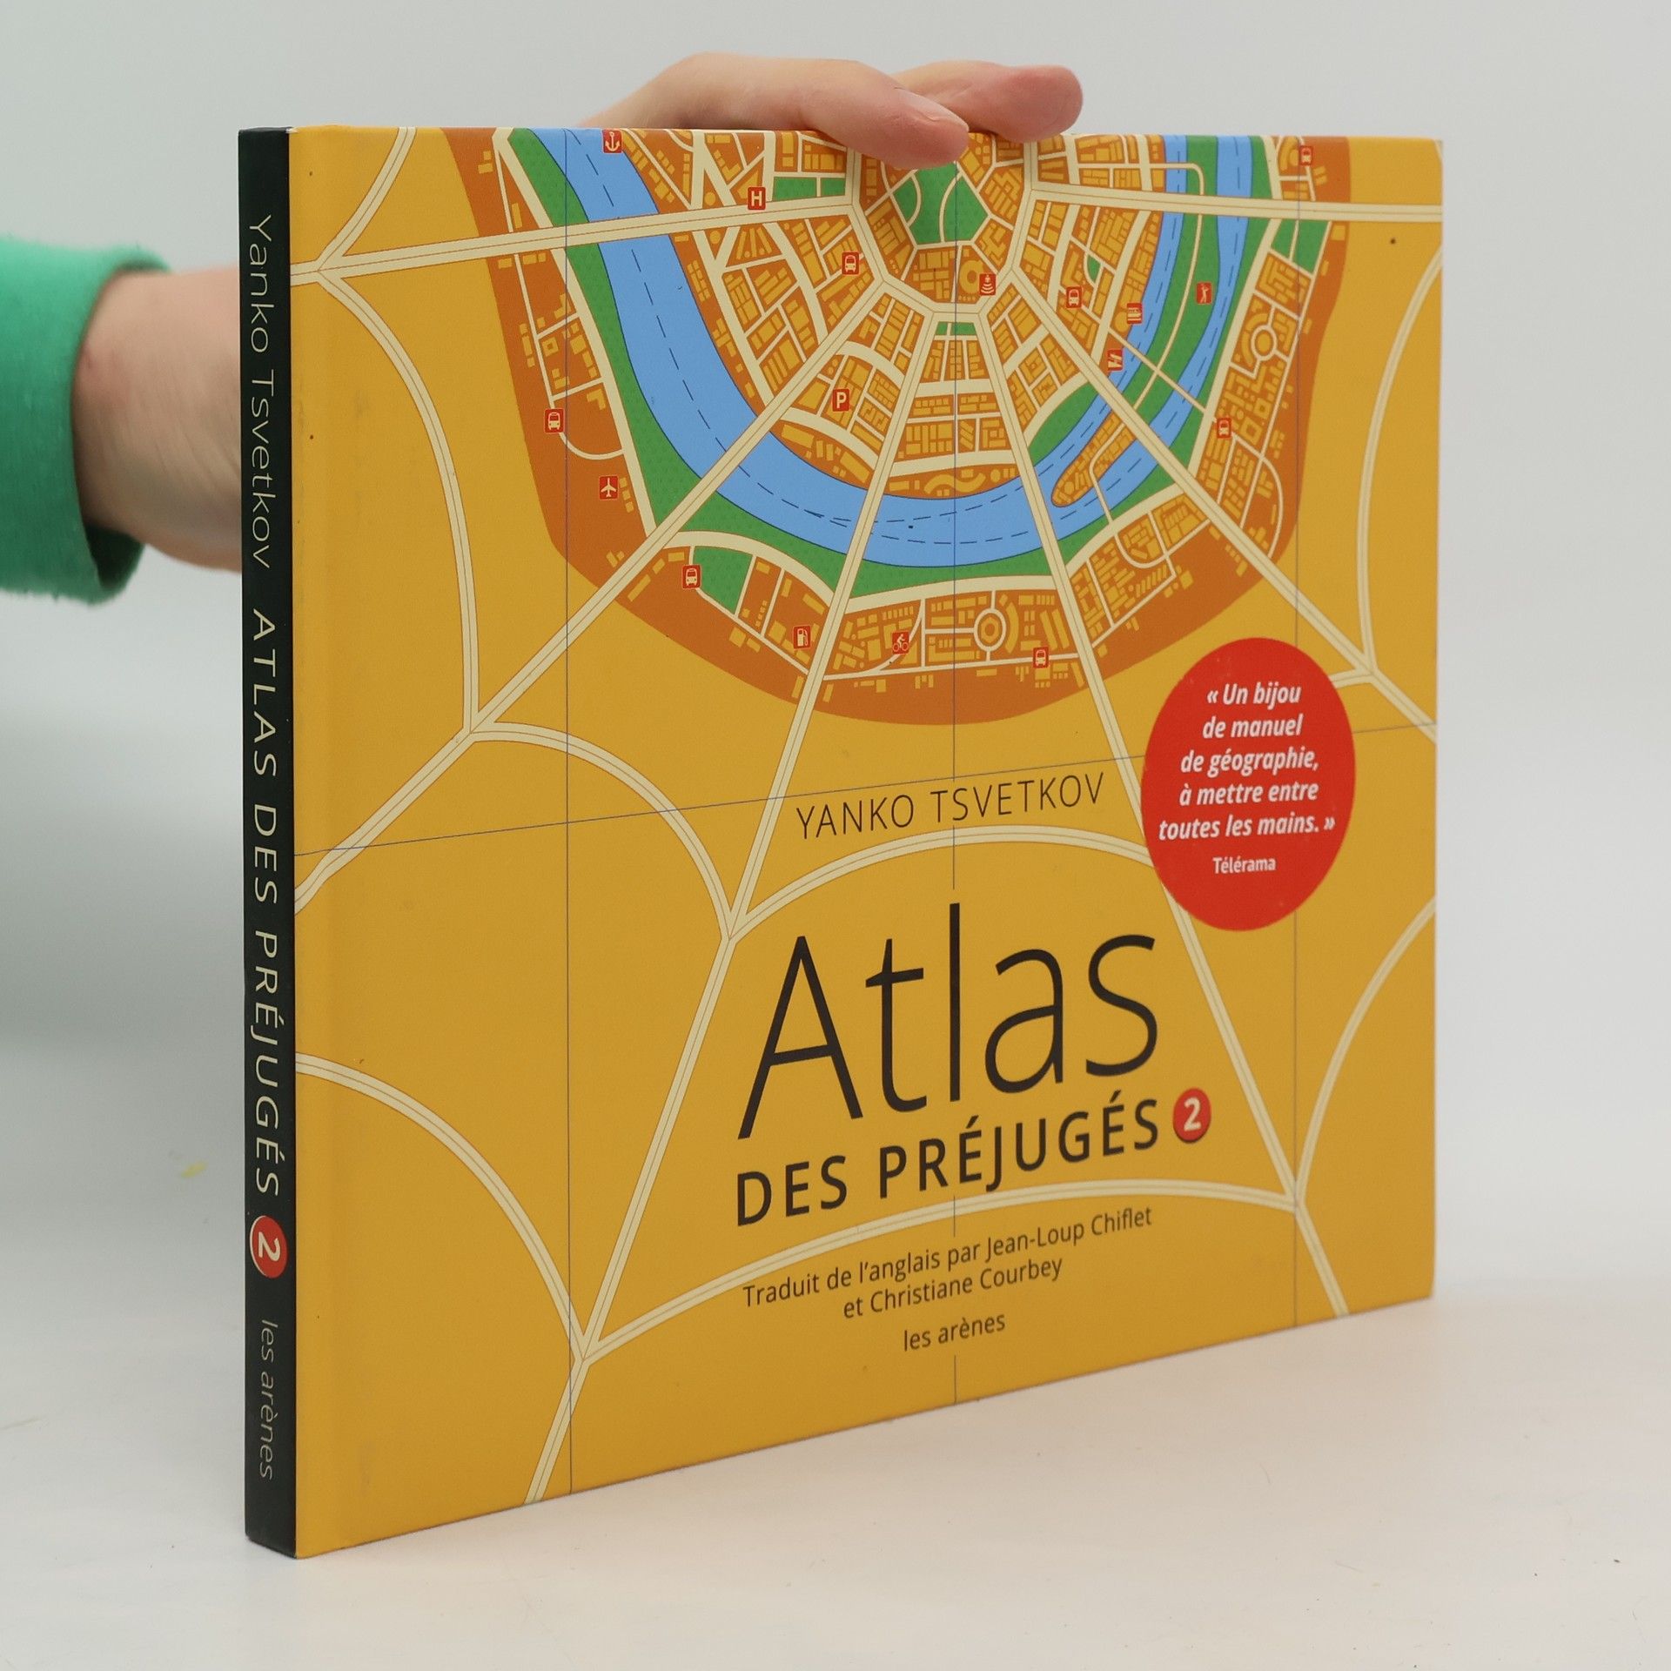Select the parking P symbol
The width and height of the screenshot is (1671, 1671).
pyautogui.click(x=841, y=401)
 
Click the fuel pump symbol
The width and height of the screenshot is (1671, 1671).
pyautogui.click(x=800, y=635)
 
